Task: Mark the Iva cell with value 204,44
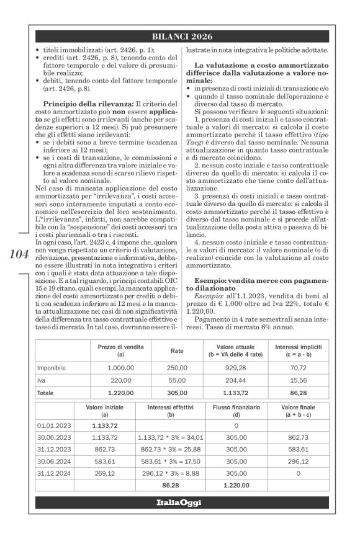(x=238, y=381)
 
